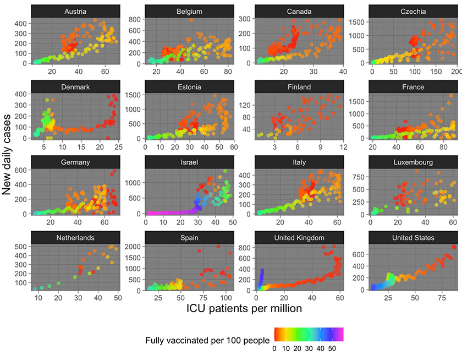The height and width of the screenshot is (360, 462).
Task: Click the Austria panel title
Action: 74,12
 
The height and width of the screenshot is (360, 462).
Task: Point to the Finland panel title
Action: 299,87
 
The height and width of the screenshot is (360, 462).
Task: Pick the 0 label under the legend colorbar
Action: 274,348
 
